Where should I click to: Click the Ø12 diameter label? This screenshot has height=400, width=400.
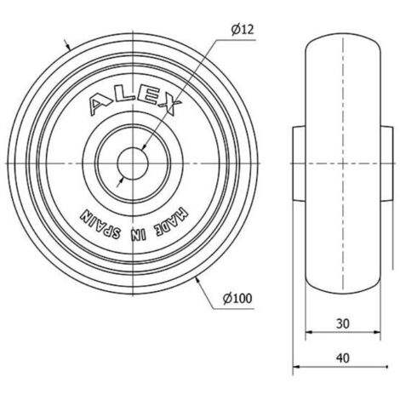coord(243,30)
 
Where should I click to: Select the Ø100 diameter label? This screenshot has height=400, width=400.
coord(237,298)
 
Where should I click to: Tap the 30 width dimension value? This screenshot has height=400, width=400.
coord(343,323)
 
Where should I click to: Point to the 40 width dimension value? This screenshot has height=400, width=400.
coord(343,358)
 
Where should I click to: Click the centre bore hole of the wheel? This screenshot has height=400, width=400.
coord(133,163)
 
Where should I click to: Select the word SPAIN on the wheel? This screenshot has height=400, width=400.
coord(100,224)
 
